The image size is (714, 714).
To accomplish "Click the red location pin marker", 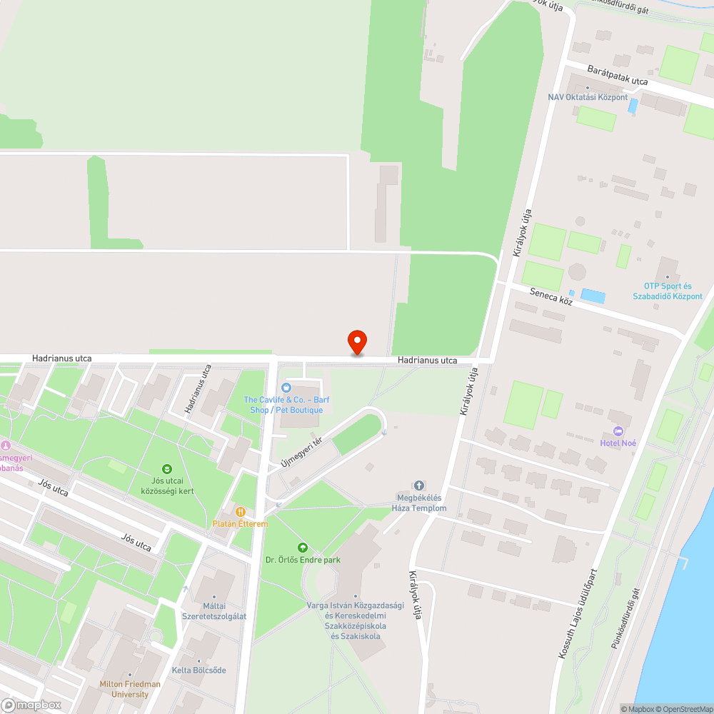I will (356, 342).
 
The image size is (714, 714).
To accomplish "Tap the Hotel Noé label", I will (618, 443).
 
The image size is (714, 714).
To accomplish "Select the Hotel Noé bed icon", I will (618, 431).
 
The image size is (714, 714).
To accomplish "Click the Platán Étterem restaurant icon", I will (241, 512).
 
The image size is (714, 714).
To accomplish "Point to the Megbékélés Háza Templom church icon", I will (419, 486).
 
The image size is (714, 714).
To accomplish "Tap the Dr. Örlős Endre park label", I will (303, 560).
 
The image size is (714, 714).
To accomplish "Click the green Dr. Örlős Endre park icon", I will (303, 547).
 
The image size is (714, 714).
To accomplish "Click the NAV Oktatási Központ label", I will (588, 97).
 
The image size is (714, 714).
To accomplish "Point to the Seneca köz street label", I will (551, 297).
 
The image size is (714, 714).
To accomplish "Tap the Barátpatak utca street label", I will (617, 75).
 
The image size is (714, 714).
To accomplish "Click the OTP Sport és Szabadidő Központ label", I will (673, 291).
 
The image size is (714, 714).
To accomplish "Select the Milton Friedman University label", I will (130, 689).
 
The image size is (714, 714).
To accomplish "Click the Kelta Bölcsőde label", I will (198, 670).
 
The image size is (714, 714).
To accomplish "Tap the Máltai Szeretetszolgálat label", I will (214, 610).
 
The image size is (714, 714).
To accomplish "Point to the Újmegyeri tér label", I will (302, 452).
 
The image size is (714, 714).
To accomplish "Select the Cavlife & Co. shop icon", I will (286, 387).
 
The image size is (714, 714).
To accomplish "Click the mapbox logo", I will (31, 705).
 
